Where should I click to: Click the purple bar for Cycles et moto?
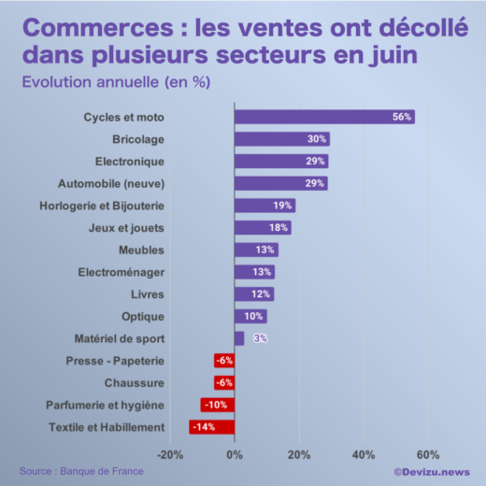[322, 117]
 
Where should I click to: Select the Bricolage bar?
[280, 139]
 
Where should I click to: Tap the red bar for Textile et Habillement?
[211, 427]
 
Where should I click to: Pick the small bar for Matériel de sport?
[239, 338]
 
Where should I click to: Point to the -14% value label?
[204, 427]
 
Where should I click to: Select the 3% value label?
[261, 338]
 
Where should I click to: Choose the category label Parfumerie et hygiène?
[105, 405]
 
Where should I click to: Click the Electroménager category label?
[121, 272]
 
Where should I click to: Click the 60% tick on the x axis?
[428, 455]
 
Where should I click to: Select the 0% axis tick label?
[234, 455]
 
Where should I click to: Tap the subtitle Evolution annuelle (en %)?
[115, 81]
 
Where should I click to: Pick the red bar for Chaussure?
[223, 383]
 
